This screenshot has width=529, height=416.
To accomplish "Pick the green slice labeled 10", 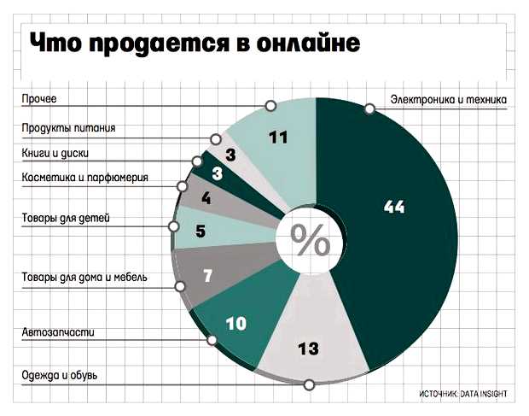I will pos(236,322).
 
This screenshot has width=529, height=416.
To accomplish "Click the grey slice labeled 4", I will pos(206,200).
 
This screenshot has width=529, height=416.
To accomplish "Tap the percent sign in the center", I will pos(311,241).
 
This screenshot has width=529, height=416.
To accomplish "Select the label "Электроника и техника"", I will pos(449,101).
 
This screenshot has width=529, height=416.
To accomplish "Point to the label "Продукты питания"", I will pos(68,129).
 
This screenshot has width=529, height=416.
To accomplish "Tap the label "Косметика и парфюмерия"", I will pos(85,178).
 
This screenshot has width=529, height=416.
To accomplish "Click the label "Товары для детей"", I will pos(66,219).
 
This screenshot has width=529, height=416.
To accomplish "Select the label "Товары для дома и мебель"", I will pos(85,278).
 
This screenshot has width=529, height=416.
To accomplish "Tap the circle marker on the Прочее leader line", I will pos(270,105).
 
